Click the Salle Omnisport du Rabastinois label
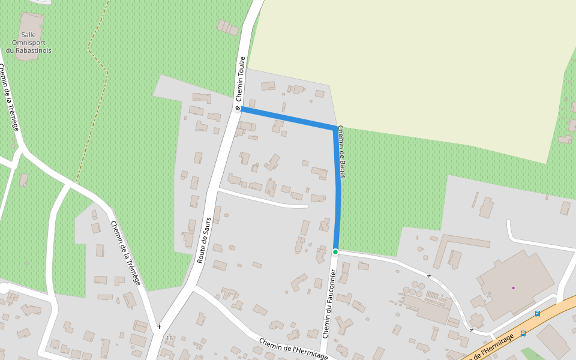(28, 43)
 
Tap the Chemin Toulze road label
(241, 79)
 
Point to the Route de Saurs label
(204, 240)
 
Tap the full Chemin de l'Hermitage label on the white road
(293, 349)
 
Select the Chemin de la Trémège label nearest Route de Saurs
(126, 253)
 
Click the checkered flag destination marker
(238, 109)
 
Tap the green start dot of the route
(335, 251)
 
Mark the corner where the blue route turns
(335, 128)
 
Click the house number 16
(169, 338)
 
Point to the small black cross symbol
(159, 326)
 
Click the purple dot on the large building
(513, 288)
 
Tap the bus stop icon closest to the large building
(537, 313)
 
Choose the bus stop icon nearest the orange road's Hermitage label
(523, 334)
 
